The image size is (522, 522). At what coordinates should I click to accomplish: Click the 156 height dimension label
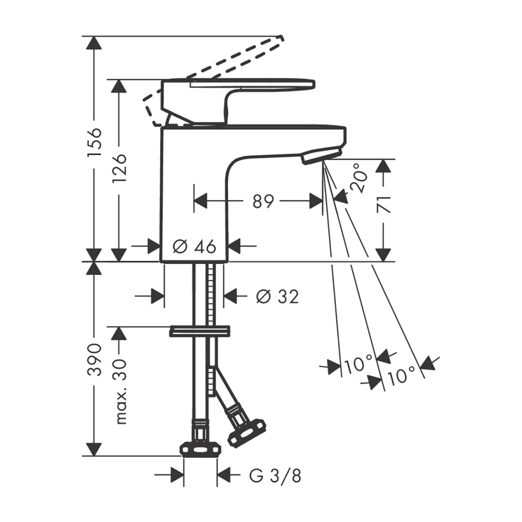94,142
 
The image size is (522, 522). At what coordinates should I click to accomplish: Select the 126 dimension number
119,168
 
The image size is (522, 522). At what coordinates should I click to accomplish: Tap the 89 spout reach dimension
263,201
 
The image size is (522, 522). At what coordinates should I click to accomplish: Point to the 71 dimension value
383,205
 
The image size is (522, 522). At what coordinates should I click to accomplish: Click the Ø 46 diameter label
194,246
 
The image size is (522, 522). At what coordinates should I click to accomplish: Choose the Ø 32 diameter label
277,296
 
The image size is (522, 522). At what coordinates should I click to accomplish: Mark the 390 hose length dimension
94,360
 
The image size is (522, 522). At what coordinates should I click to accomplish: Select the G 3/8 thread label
275,476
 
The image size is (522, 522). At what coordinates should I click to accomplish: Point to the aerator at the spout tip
321,155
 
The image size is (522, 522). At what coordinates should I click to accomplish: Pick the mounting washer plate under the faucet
200,331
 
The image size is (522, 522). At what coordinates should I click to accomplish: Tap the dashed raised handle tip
281,39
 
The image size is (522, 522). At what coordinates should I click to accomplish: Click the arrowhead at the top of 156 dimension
94,42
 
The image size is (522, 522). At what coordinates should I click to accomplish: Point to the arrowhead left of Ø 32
157,296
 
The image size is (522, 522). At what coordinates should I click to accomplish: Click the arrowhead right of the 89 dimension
316,201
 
